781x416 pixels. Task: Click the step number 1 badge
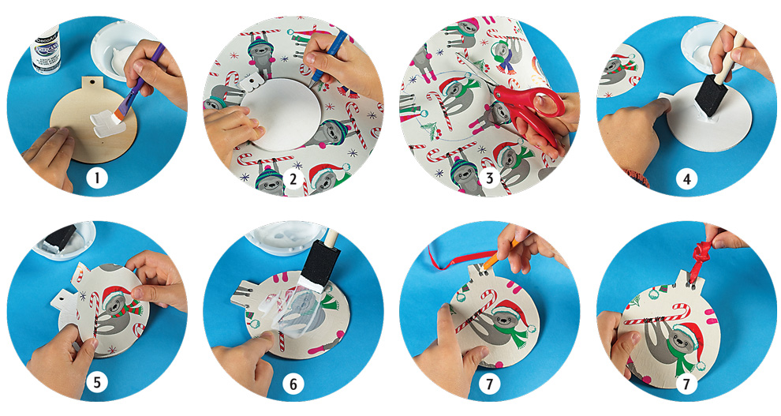pyautogui.click(x=96, y=179)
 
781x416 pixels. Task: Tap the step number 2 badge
pyautogui.click(x=293, y=179)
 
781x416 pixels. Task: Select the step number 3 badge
pyautogui.click(x=489, y=179)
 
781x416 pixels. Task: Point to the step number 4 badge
pyautogui.click(x=686, y=179)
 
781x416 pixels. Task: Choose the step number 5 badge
pyautogui.click(x=96, y=384)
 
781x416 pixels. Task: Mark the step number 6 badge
pyautogui.click(x=293, y=384)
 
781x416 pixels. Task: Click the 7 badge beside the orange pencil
pyautogui.click(x=489, y=384)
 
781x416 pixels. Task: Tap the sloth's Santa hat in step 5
pyautogui.click(x=116, y=294)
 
